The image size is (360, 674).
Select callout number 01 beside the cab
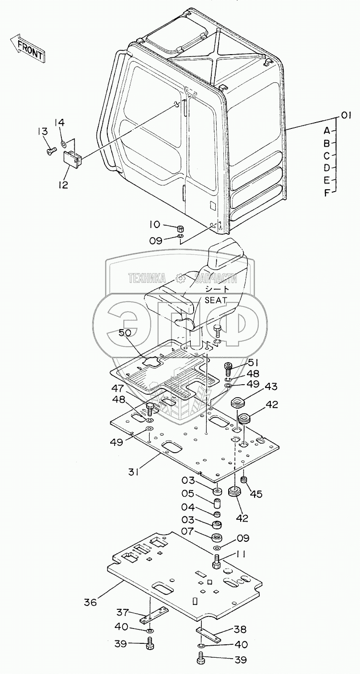point(347,115)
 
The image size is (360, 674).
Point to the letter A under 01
point(326,130)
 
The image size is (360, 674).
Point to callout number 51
point(252,363)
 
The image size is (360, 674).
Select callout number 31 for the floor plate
point(134,472)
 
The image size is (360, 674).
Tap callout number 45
point(256,494)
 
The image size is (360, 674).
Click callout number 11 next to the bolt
point(241,554)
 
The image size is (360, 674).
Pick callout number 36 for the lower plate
point(90,602)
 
